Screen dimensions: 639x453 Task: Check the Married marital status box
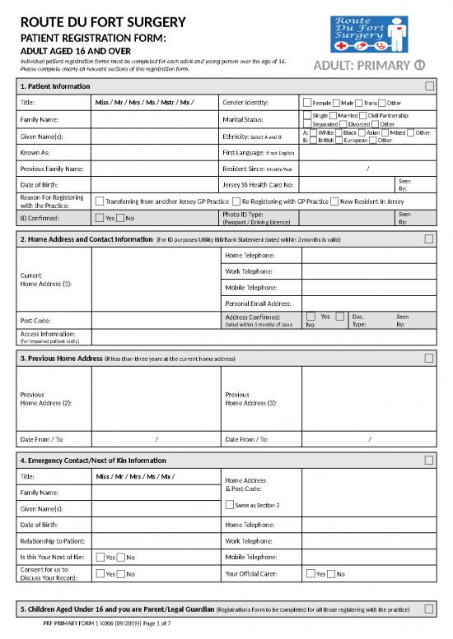click(334, 115)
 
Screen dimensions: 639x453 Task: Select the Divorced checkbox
click(343, 124)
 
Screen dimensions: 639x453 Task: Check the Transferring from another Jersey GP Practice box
click(100, 201)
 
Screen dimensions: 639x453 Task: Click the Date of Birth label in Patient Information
click(38, 184)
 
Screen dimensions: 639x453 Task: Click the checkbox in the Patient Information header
click(429, 86)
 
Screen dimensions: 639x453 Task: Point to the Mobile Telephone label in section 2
click(251, 288)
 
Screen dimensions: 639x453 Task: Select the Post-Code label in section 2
click(35, 320)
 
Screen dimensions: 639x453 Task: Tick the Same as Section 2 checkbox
click(228, 504)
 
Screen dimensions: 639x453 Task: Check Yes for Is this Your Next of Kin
click(100, 558)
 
